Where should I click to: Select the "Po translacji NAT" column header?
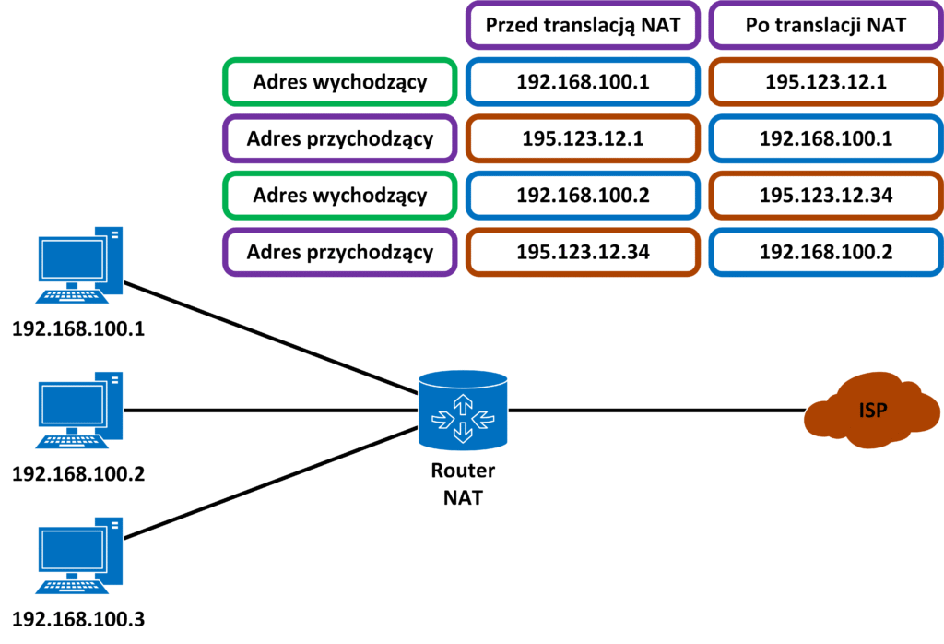coord(826,25)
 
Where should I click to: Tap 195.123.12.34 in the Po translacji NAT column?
coord(826,195)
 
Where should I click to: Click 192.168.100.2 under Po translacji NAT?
coord(826,251)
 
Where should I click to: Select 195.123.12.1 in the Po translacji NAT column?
coord(826,81)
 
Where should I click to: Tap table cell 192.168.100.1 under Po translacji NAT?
coord(826,138)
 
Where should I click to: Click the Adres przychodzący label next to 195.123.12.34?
coord(340,251)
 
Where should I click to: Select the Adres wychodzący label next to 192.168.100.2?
coord(340,195)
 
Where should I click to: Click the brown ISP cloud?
coord(871,410)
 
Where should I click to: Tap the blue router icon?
coord(462,410)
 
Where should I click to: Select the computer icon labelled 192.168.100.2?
coord(77,410)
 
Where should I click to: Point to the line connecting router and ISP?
coord(655,410)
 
